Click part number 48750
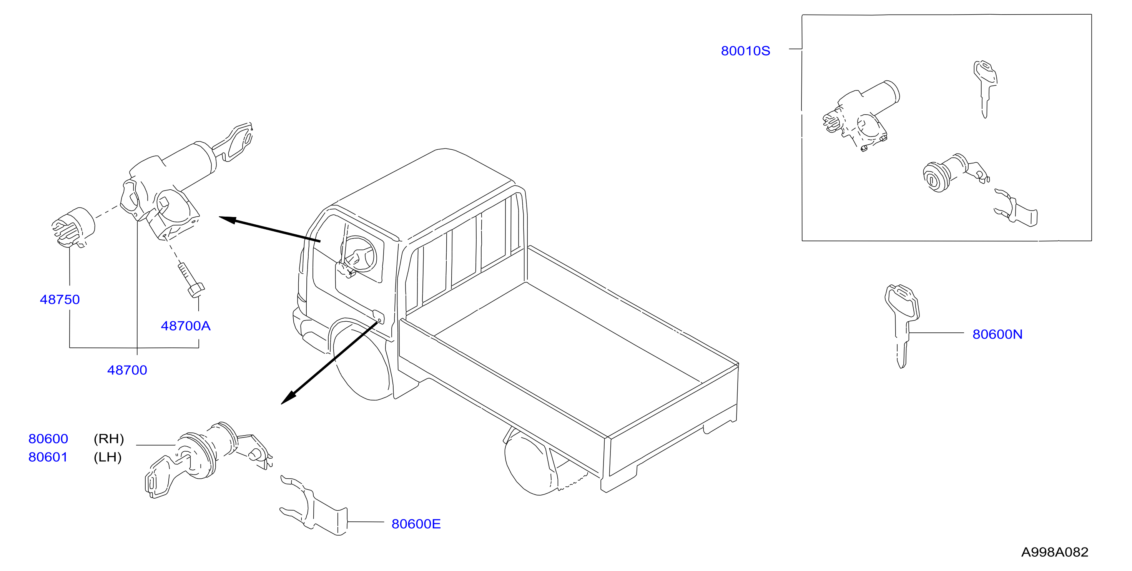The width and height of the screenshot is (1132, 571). coord(60,300)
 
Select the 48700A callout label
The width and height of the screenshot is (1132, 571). coord(185,326)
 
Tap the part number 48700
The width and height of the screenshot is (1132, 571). coord(127,370)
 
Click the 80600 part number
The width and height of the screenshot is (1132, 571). coord(48,439)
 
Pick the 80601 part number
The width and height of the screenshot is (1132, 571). coord(48,457)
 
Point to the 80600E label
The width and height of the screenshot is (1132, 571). coord(416,524)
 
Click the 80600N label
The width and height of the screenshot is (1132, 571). coord(997,334)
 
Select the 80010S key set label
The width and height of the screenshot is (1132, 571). coord(745,51)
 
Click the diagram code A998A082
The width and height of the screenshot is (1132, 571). coord(1055,552)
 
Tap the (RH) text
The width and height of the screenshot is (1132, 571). coord(108,439)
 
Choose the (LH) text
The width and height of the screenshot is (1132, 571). coord(107,457)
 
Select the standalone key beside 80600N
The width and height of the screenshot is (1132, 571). coord(902,326)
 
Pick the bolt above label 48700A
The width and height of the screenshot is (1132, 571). coord(190,280)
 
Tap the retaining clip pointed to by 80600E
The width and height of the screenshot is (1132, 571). coord(313,506)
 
